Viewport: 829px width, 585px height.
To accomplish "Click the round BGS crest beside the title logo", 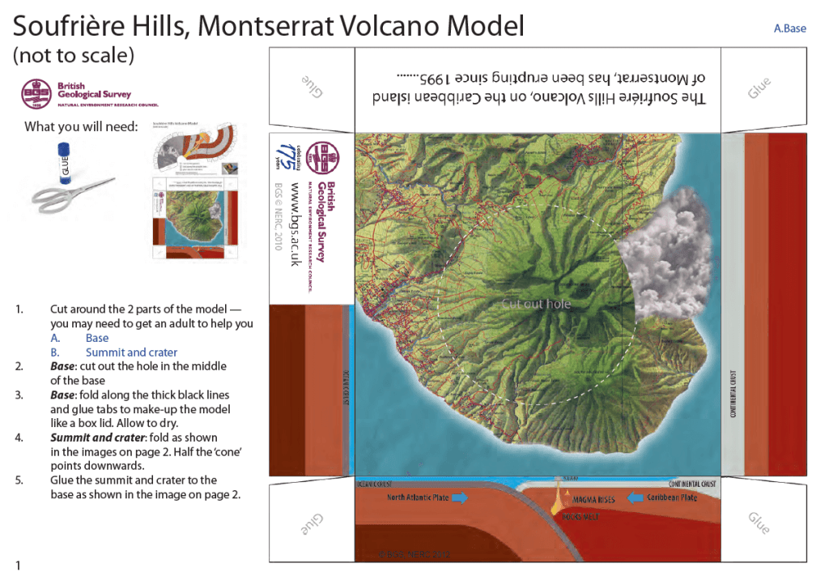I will (36, 94).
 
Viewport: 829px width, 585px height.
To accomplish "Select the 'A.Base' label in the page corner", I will (789, 28).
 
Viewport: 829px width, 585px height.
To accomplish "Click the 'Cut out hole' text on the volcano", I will (536, 304).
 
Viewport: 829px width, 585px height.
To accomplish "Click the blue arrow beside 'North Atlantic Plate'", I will (458, 498).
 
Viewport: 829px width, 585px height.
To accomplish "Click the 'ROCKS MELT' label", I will (580, 516).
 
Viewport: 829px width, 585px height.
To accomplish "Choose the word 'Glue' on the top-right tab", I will (759, 88).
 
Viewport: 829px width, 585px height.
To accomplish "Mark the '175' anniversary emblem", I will (282, 155).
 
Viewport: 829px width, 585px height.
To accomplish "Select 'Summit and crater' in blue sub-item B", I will (131, 352).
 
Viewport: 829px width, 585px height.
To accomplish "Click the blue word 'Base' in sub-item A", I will (97, 338).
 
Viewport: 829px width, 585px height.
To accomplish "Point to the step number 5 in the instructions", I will (19, 480).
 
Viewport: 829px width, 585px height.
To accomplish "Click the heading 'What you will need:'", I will (81, 126).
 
